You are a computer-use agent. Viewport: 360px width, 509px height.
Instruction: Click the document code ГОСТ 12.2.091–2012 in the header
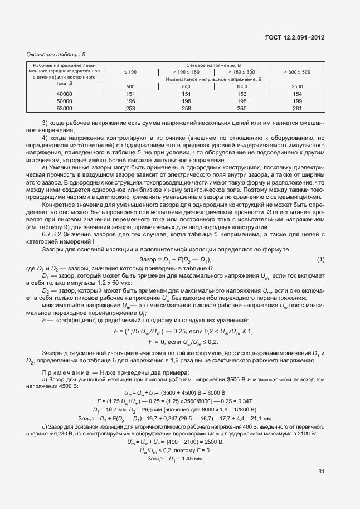coord(294,37)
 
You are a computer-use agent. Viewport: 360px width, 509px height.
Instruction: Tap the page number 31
coord(322,472)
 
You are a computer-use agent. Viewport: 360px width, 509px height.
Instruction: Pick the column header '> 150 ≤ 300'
coord(242,72)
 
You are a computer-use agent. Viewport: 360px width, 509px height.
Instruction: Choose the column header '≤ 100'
coord(130,72)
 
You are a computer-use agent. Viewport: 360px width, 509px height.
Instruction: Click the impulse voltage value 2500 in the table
coord(297,86)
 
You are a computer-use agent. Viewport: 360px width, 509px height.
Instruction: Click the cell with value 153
coord(242,94)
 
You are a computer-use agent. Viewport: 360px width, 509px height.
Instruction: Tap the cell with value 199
coord(297,101)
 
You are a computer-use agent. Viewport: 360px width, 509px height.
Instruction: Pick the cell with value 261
coord(297,109)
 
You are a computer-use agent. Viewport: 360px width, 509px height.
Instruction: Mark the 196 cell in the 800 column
coord(186,101)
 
